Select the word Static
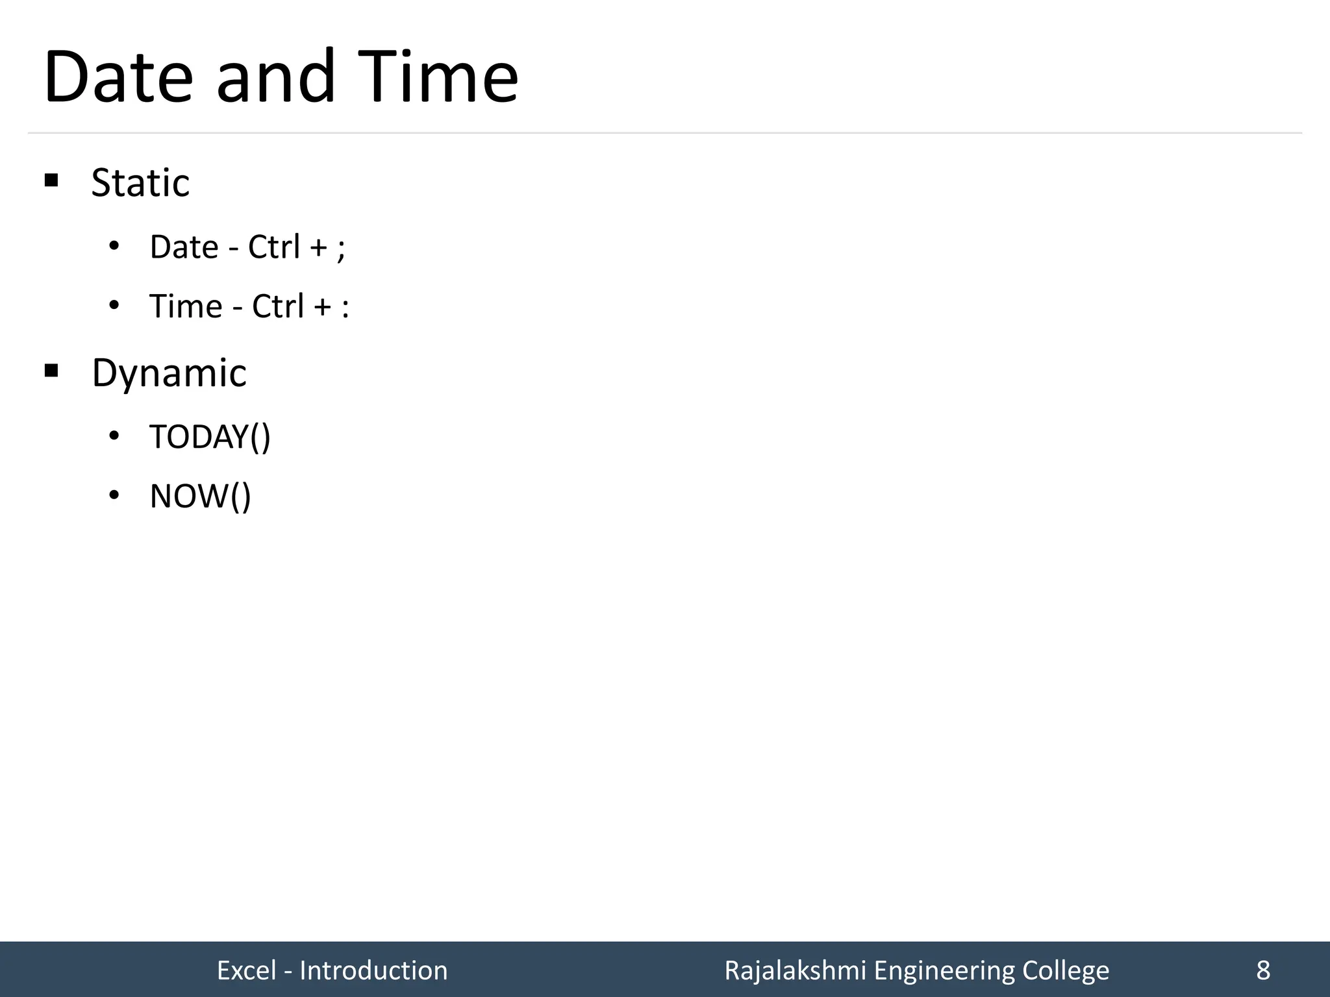140,183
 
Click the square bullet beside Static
51,180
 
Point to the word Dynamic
169,373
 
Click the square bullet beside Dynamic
51,371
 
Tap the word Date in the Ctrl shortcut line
184,247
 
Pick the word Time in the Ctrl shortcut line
186,306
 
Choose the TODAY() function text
210,437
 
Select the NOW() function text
200,497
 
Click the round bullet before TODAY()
114,436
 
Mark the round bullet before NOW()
114,496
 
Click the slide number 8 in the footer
1263,970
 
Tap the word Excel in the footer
247,970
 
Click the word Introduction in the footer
373,970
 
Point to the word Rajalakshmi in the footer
795,970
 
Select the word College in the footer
1065,970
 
